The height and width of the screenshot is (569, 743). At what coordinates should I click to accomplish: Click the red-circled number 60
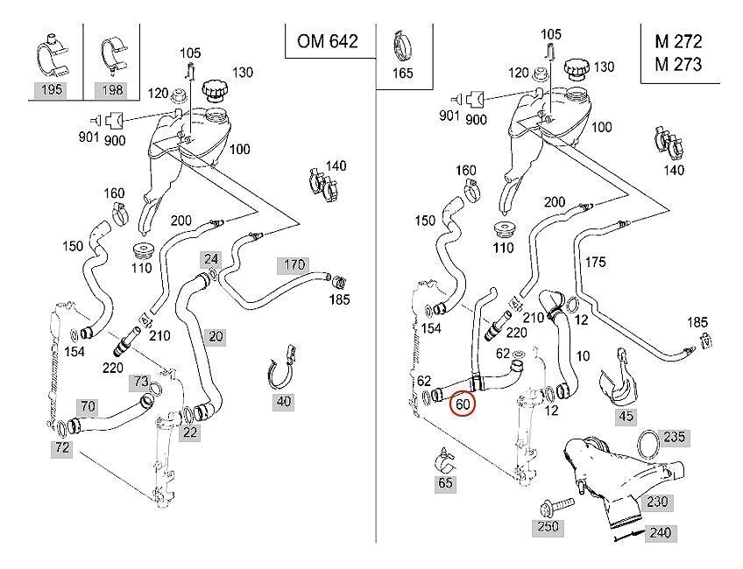462,405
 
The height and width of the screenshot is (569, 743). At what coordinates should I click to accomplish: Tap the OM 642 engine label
327,41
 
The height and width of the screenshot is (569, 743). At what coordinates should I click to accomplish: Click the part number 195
52,89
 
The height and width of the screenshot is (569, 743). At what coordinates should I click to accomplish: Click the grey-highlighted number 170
294,263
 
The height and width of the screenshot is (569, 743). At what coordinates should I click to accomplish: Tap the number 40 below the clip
284,403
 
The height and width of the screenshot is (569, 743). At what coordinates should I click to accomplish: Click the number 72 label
62,447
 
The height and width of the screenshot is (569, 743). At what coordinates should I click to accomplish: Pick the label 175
595,262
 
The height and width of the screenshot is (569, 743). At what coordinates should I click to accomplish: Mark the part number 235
673,436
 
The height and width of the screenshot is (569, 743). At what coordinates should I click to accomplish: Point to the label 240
661,532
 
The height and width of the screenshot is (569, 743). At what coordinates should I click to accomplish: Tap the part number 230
657,502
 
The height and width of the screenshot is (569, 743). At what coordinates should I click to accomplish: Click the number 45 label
625,416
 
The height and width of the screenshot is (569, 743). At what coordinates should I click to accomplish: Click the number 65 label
446,482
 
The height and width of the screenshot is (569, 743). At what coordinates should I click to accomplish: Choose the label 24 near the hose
210,259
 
